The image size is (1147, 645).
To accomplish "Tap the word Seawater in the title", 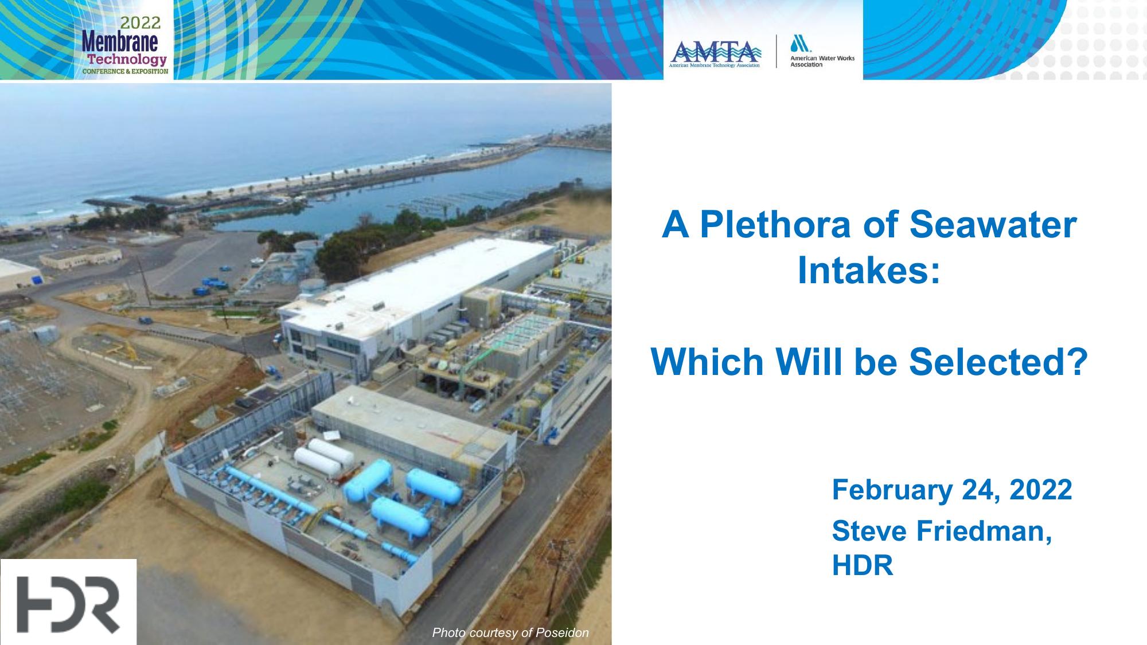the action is pos(993,225).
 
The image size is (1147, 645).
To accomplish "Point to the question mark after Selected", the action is pos(1078,362).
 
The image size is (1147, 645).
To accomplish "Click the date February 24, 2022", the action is pos(952,490).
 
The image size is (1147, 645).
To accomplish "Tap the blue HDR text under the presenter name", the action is pos(863,565).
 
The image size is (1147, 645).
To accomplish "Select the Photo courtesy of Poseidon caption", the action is pos(510,632).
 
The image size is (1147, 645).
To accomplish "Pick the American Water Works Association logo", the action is pos(820,51).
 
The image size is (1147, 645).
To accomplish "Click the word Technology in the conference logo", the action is pos(127,59).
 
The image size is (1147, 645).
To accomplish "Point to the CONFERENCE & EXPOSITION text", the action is pos(126,71).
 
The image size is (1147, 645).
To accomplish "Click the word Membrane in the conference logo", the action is pos(120,41).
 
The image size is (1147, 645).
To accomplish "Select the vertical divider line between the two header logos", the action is pos(777,52).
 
